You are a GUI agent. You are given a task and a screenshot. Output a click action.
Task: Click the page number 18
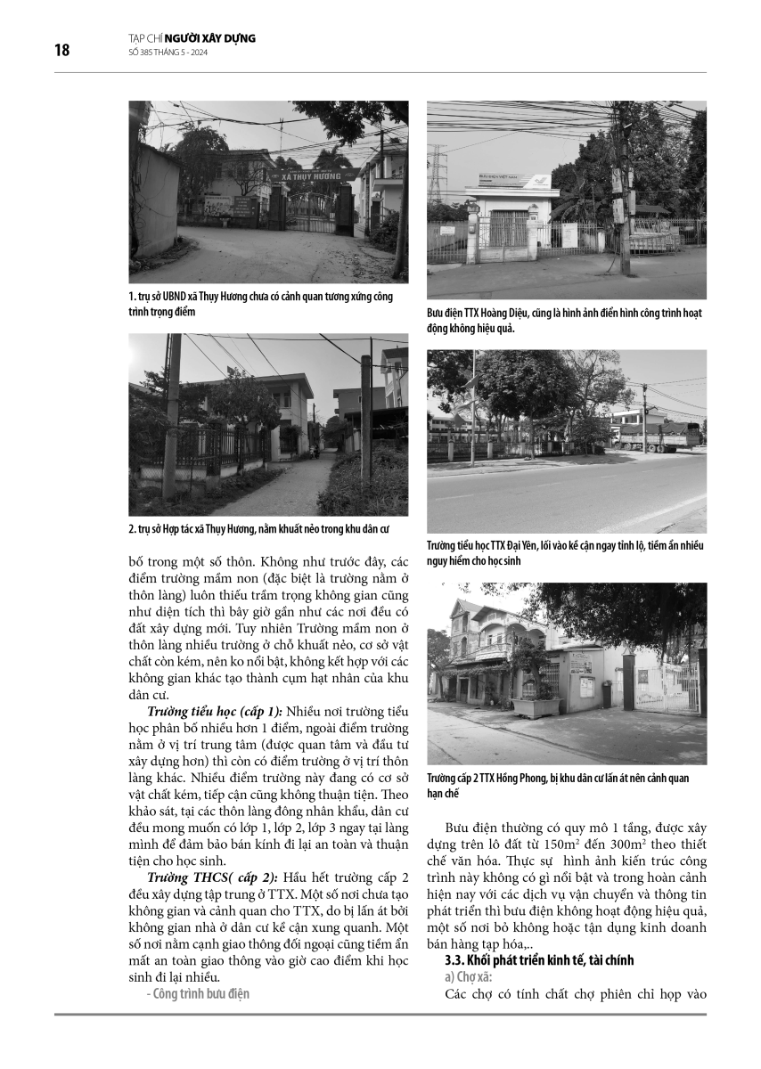pos(61,50)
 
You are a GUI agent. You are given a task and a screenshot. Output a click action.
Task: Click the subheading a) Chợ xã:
pos(470,977)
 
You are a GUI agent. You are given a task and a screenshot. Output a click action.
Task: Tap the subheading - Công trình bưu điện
pos(198,993)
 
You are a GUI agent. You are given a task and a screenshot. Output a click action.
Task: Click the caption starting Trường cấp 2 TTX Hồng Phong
pos(558,785)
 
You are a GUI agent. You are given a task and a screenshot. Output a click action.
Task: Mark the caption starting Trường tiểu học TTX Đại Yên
pos(565,553)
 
